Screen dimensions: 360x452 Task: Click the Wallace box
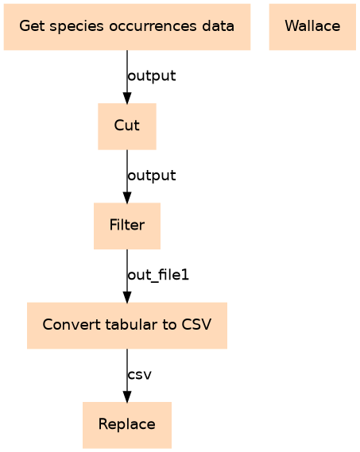pyautogui.click(x=312, y=27)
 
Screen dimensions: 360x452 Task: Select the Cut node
pyautogui.click(x=127, y=126)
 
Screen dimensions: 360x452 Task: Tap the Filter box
pyautogui.click(x=127, y=226)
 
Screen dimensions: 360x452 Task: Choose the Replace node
pyautogui.click(x=127, y=425)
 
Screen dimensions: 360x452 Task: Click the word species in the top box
pyautogui.click(x=76, y=27)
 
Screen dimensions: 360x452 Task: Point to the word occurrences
pyautogui.click(x=153, y=27)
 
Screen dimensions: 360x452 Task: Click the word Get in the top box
pyautogui.click(x=32, y=26)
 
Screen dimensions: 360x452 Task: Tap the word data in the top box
pyautogui.click(x=218, y=26)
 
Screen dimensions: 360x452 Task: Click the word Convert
pyautogui.click(x=72, y=325)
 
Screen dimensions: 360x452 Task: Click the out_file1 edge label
pyautogui.click(x=158, y=275)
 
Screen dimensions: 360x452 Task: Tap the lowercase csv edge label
pyautogui.click(x=140, y=375)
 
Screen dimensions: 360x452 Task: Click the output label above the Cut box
pyautogui.click(x=152, y=76)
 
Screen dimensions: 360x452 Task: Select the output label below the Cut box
pyautogui.click(x=152, y=176)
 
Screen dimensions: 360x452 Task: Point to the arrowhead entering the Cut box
pyautogui.click(x=127, y=98)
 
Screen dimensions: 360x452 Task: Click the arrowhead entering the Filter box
pyautogui.click(x=127, y=198)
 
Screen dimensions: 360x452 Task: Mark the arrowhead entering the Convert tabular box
pyautogui.click(x=127, y=297)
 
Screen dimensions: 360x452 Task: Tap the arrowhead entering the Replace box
pyautogui.click(x=127, y=396)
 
